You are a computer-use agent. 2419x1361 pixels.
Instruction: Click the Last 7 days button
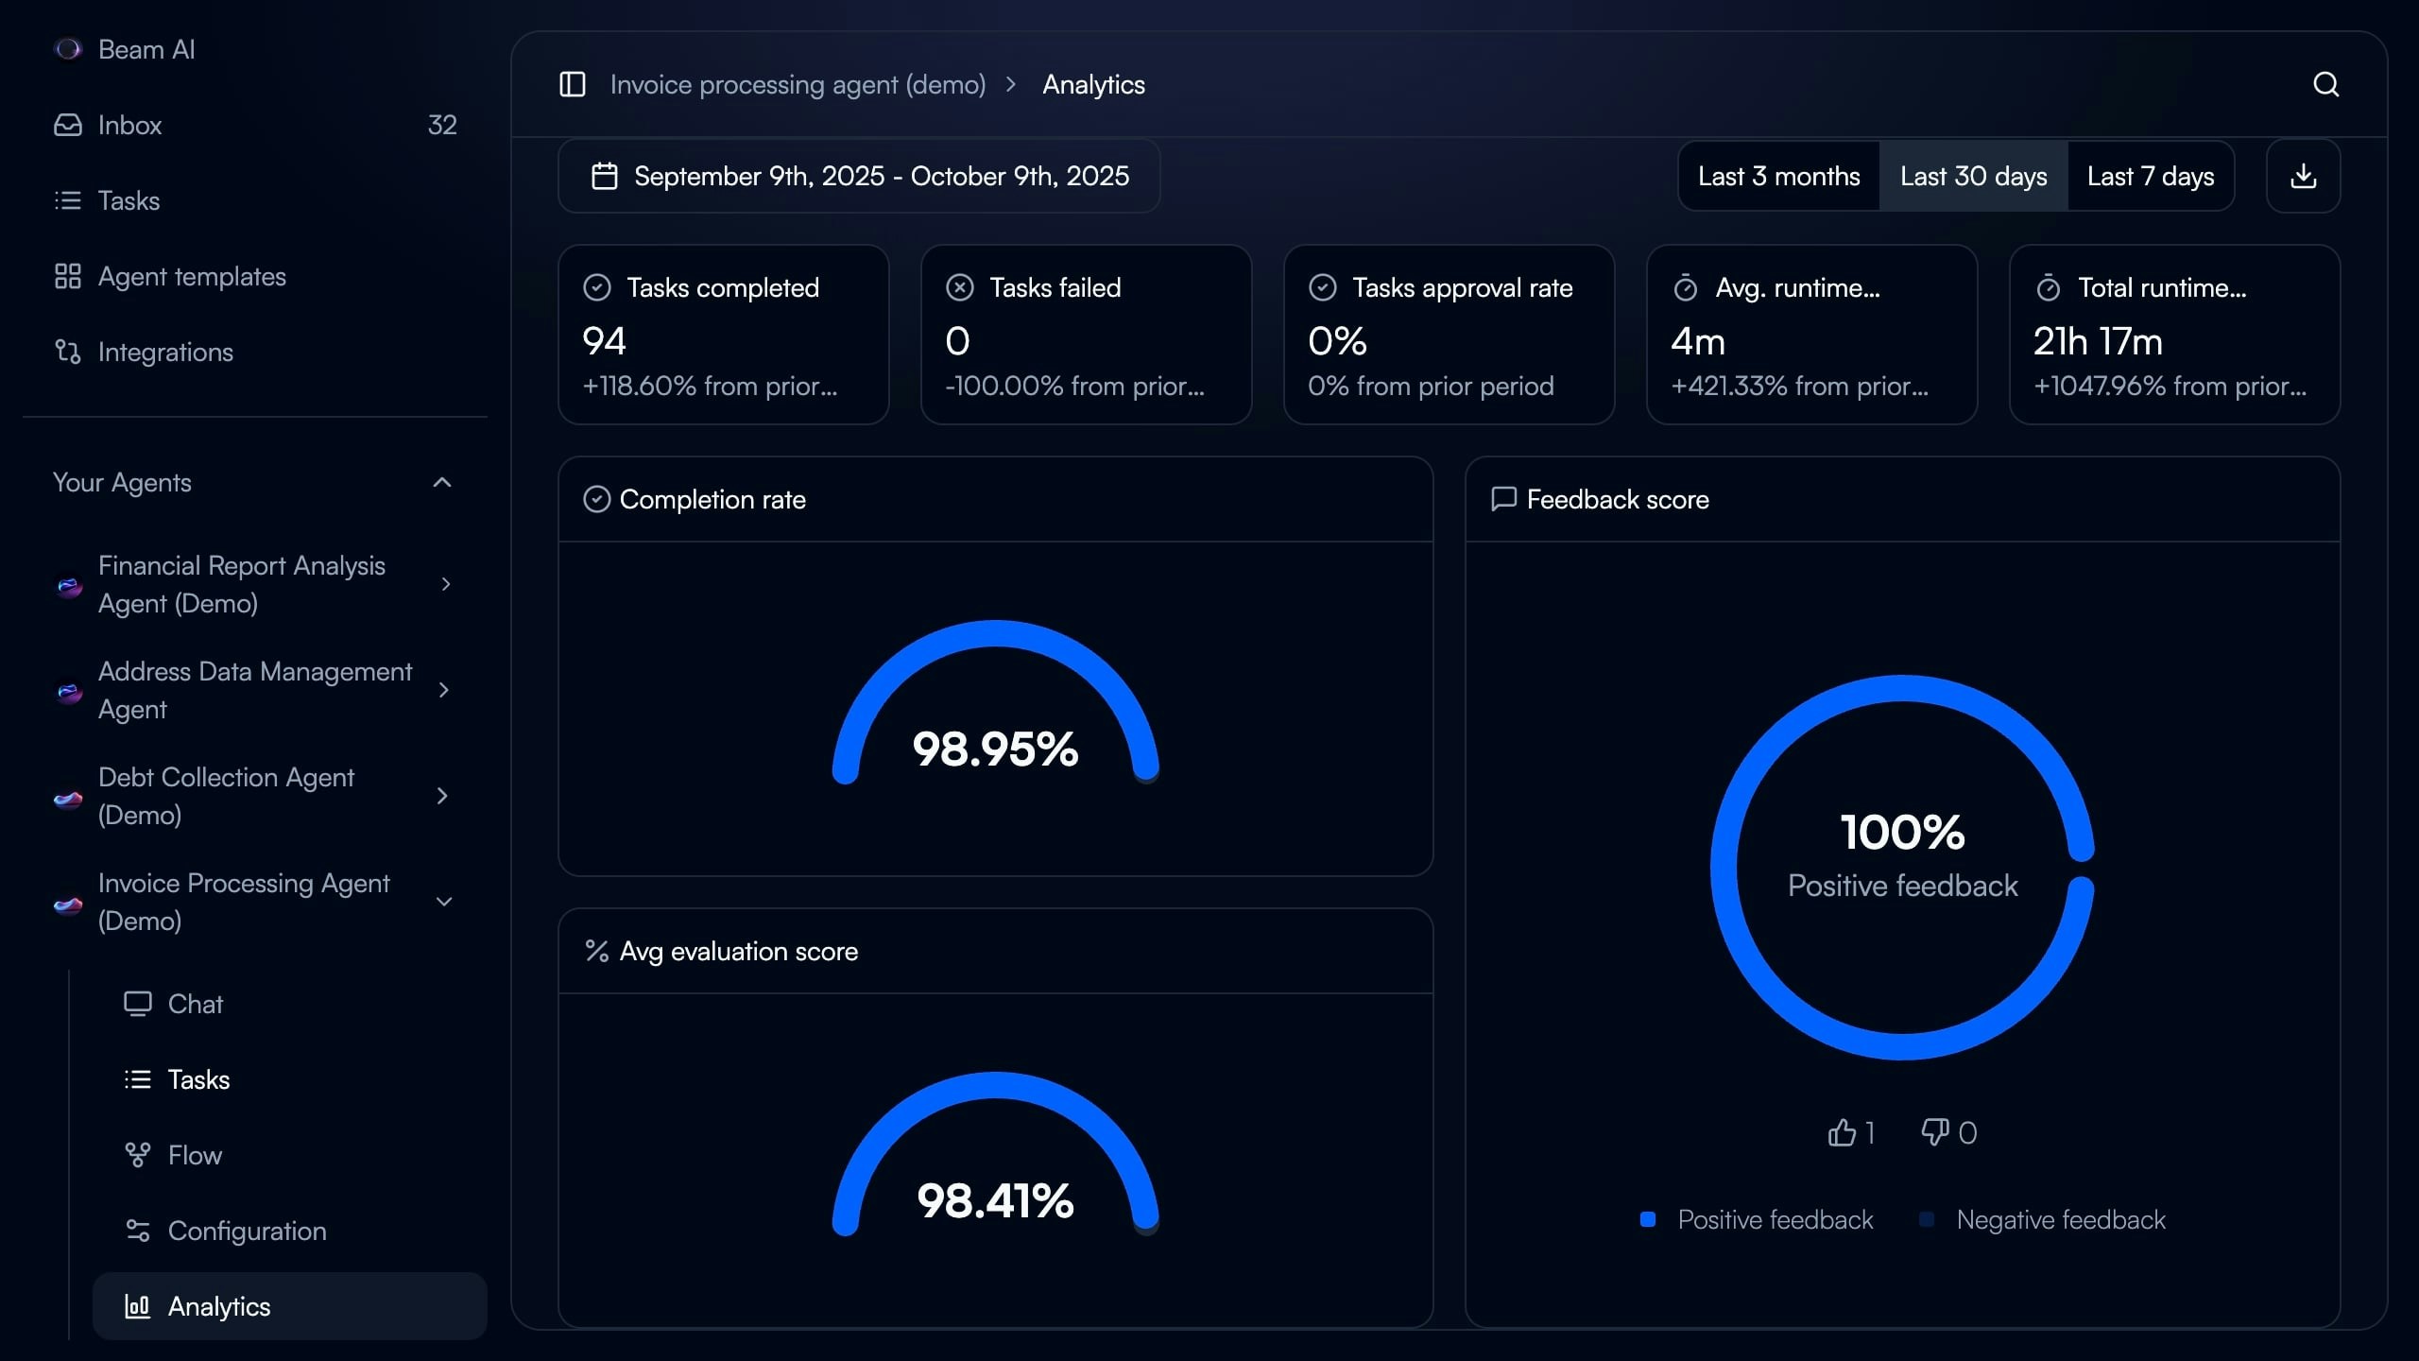coord(2150,177)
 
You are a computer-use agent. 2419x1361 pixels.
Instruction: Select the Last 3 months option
coord(1778,177)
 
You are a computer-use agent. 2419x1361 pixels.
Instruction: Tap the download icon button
coord(2303,177)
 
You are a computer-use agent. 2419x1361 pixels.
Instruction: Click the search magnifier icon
coord(2325,85)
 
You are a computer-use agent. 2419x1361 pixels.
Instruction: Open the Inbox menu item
coord(129,125)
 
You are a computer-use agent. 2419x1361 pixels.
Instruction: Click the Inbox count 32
coord(441,125)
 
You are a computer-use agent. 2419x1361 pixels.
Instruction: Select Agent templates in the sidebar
coord(191,276)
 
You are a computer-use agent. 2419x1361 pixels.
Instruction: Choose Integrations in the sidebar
coord(165,352)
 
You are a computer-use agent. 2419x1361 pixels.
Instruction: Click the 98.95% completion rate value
coord(995,749)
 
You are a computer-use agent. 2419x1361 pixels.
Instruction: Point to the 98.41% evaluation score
coord(995,1201)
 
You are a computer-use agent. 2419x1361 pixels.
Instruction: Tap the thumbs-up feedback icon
coord(1842,1132)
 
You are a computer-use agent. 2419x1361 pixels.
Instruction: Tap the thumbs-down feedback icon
coord(1934,1132)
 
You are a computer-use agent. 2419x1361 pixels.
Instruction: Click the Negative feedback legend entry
coord(2060,1220)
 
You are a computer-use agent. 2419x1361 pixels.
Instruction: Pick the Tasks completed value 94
coord(605,341)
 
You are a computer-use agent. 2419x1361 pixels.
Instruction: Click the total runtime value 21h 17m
coord(2098,341)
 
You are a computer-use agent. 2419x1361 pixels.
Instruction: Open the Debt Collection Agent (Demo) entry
coord(227,796)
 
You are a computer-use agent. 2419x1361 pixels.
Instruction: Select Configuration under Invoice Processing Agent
coord(247,1231)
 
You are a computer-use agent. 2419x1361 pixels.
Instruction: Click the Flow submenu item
coord(195,1155)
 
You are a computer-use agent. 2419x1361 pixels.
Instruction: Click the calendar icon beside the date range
coord(605,177)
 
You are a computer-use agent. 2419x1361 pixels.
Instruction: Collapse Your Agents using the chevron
coord(441,483)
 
